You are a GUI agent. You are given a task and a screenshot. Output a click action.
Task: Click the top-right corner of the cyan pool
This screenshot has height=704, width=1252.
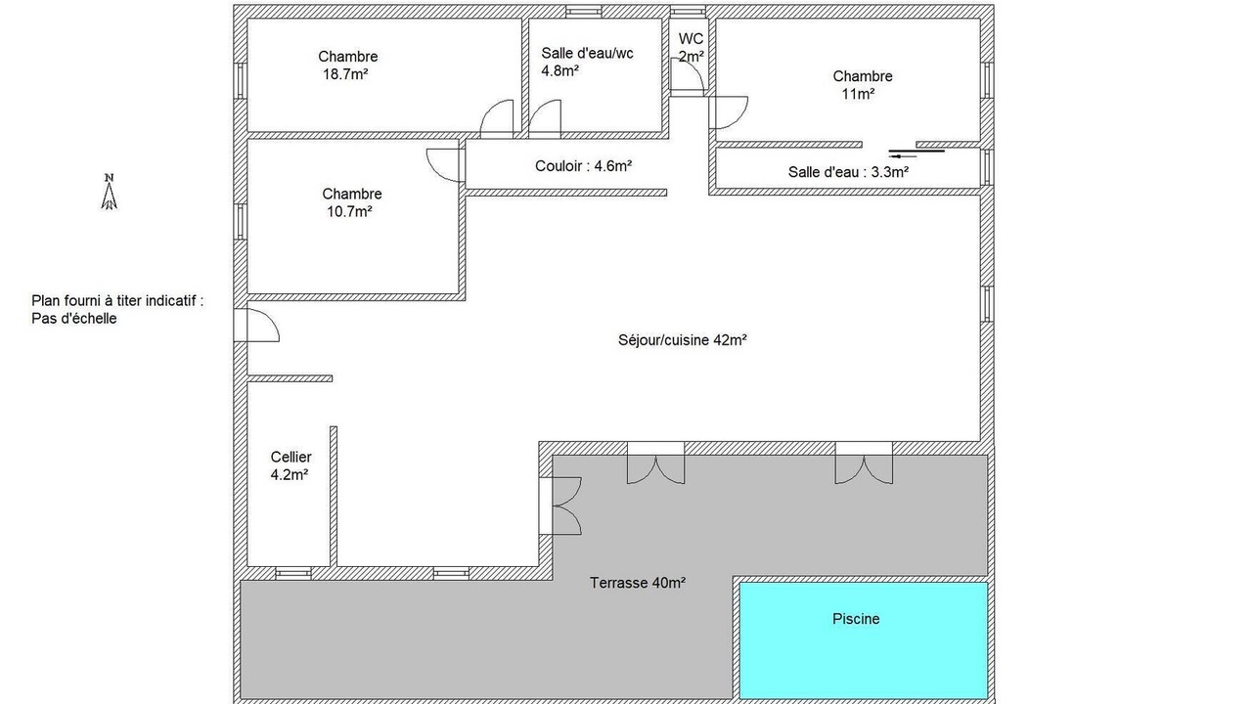click(987, 584)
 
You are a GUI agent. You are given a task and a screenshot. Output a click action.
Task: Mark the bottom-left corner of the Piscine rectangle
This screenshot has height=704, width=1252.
click(740, 698)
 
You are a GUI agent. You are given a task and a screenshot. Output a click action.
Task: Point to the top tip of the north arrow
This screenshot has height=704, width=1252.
click(110, 182)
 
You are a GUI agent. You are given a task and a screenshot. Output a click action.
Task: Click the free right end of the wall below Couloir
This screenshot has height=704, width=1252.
click(667, 193)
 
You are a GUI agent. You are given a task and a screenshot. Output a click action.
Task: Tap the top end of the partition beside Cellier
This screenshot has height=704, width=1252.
click(334, 427)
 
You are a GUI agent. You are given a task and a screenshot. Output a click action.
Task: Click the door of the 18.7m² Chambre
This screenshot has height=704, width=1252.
click(497, 119)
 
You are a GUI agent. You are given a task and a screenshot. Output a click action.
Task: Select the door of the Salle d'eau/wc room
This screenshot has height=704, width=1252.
click(545, 119)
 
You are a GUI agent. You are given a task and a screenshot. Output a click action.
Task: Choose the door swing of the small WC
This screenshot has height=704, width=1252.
click(688, 75)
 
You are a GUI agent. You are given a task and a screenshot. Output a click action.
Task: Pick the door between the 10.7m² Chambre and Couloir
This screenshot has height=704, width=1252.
click(445, 165)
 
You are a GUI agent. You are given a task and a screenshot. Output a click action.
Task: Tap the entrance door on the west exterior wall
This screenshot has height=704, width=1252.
click(256, 326)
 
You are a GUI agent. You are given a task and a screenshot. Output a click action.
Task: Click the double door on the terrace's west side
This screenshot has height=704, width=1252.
click(560, 506)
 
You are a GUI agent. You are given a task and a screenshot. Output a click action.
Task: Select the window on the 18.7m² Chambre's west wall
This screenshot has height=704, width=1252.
click(240, 80)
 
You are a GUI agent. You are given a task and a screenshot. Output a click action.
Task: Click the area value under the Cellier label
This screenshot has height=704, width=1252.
click(290, 475)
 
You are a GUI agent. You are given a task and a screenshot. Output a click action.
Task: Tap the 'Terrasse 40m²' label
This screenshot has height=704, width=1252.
click(638, 583)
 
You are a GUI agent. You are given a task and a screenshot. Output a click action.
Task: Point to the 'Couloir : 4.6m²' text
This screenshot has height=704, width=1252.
click(584, 166)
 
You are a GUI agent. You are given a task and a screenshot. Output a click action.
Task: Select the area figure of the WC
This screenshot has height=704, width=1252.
click(692, 57)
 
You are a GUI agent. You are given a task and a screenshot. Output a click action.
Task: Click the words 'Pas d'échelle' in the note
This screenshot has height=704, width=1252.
click(74, 319)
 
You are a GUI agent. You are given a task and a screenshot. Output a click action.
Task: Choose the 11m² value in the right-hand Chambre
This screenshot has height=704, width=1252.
click(858, 94)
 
